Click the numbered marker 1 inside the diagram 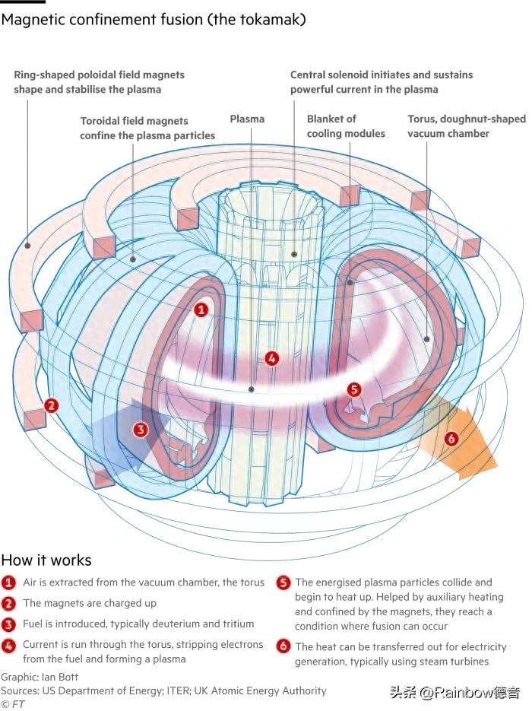tap(201, 309)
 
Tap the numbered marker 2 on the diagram tap(51, 405)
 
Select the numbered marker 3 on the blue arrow tap(140, 430)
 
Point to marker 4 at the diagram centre tap(271, 358)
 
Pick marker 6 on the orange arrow tap(451, 439)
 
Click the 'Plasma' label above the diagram tap(247, 119)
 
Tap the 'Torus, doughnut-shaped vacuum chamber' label tap(466, 126)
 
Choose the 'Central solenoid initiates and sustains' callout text tap(382, 75)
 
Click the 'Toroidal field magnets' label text tap(134, 121)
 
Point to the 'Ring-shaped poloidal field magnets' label tap(99, 75)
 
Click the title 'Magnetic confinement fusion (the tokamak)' tap(154, 20)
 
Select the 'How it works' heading tap(46, 560)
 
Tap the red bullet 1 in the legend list tap(8, 583)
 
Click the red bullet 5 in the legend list tap(283, 583)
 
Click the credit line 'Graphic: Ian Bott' tap(40, 677)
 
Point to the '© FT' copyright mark tap(13, 704)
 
